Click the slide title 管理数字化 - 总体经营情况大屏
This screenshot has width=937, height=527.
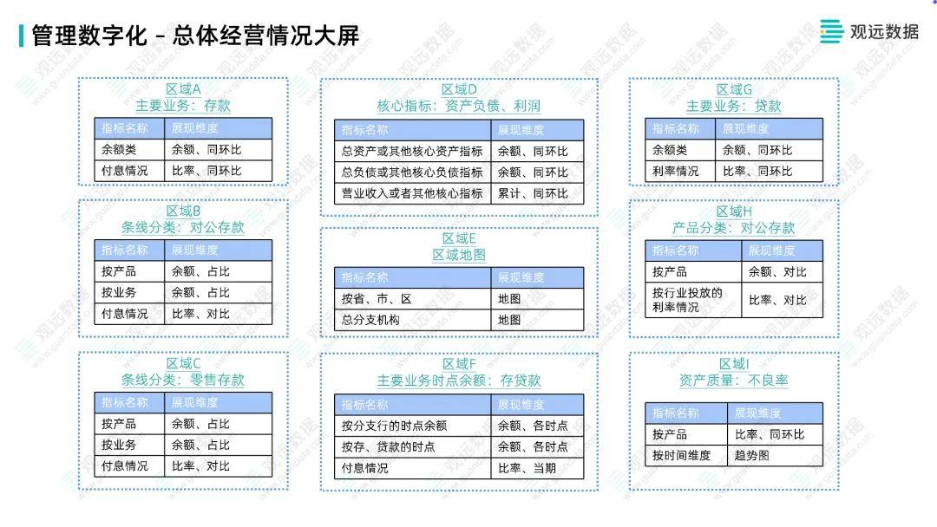point(195,36)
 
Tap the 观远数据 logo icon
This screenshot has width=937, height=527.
point(831,31)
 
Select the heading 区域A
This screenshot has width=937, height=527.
point(183,89)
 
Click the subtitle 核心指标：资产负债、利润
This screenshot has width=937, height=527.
point(459,107)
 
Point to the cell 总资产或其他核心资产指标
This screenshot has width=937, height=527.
point(412,152)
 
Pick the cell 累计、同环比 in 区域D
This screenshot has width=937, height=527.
point(533,193)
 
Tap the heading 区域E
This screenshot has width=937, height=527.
point(459,238)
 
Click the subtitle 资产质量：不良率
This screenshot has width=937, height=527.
point(734,381)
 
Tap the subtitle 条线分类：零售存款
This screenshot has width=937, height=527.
point(183,380)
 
